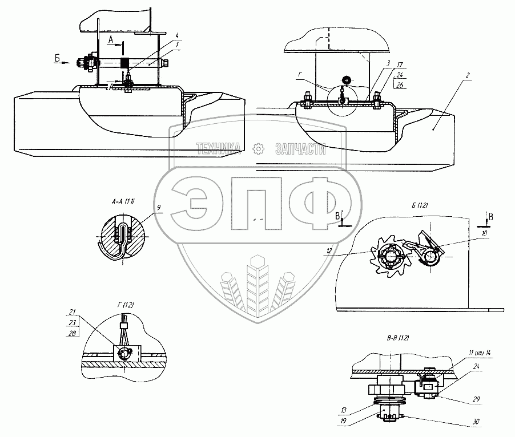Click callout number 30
click(475, 423)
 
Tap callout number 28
click(73, 333)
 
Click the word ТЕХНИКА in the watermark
click(219, 149)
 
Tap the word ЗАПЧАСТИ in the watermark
click(300, 149)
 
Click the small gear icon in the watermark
click(258, 149)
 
